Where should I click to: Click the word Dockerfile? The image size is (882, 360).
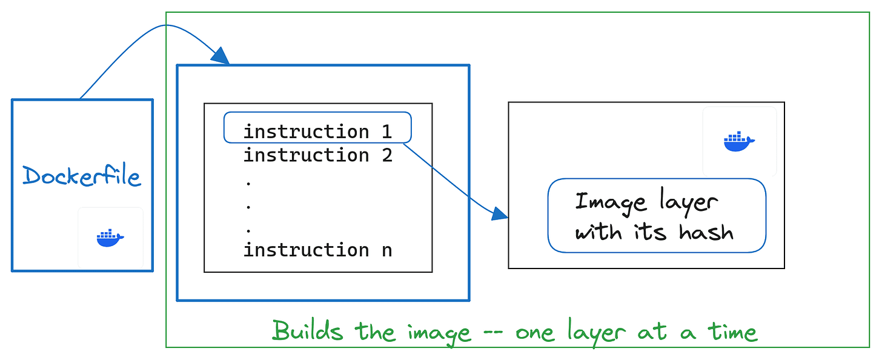pos(82,176)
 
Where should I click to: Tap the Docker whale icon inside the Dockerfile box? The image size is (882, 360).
pos(110,238)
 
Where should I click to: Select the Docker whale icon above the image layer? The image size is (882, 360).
pos(739,142)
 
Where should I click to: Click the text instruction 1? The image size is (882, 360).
pos(317,132)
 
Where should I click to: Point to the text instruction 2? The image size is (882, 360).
pos(317,155)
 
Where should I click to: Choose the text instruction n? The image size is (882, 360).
pos(317,250)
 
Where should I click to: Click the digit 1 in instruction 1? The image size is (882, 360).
pos(386,132)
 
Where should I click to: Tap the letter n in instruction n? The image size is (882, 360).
pos(386,250)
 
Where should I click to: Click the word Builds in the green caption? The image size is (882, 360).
pos(307,331)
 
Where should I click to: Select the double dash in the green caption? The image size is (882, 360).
pos(492,332)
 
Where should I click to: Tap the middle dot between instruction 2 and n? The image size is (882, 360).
pos(249,205)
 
